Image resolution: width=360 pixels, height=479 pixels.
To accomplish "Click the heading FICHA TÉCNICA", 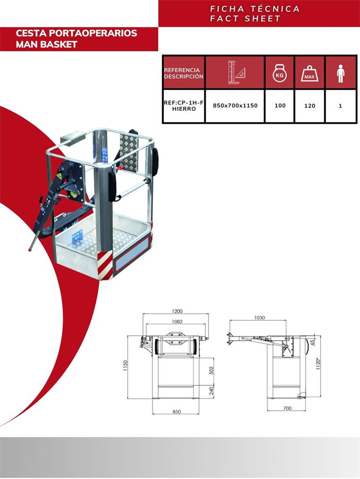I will pyautogui.click(x=255, y=9).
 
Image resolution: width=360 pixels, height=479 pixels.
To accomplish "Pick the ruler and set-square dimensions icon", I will pyautogui.click(x=235, y=73).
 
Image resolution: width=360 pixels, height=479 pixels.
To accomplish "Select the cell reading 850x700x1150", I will pyautogui.click(x=235, y=106).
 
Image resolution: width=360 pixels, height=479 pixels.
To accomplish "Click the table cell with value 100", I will pyautogui.click(x=280, y=106).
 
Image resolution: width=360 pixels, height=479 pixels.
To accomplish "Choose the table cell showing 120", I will pyautogui.click(x=310, y=106).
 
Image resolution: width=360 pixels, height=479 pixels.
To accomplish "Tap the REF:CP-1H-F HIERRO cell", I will pyautogui.click(x=184, y=106).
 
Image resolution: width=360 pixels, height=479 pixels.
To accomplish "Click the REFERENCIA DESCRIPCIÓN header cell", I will pyautogui.click(x=184, y=73).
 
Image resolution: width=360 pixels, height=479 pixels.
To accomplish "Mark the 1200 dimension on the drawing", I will pyautogui.click(x=175, y=310).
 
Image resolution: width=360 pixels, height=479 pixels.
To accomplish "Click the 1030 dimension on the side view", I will pyautogui.click(x=259, y=317).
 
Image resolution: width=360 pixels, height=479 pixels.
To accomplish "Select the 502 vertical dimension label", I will pyautogui.click(x=212, y=370).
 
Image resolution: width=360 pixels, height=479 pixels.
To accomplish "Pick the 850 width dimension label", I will pyautogui.click(x=176, y=412).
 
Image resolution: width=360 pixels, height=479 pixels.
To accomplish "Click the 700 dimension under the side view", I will pyautogui.click(x=287, y=408).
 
